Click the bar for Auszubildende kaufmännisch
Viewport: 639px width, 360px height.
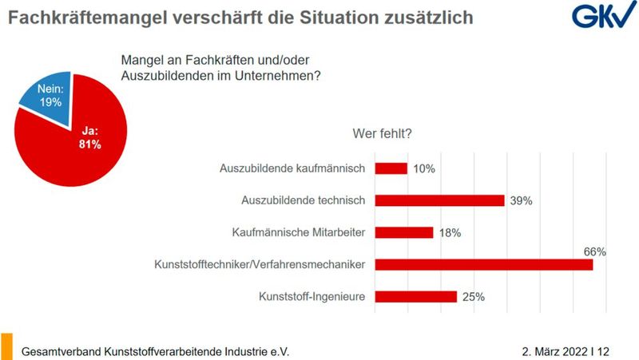[x=391, y=168]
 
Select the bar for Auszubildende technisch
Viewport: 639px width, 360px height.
[x=439, y=200]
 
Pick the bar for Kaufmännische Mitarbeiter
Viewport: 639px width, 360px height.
[x=404, y=232]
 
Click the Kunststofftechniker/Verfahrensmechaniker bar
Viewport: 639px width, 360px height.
[x=484, y=264]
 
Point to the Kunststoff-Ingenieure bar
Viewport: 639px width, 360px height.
[x=416, y=296]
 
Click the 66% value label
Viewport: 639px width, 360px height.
[x=595, y=251]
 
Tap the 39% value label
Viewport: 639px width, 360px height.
[x=521, y=201]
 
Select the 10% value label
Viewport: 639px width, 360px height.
[x=424, y=168]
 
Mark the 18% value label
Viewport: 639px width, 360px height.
[x=450, y=233]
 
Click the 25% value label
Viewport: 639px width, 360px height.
[x=473, y=297]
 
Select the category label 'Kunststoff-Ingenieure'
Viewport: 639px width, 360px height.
[x=312, y=296]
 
